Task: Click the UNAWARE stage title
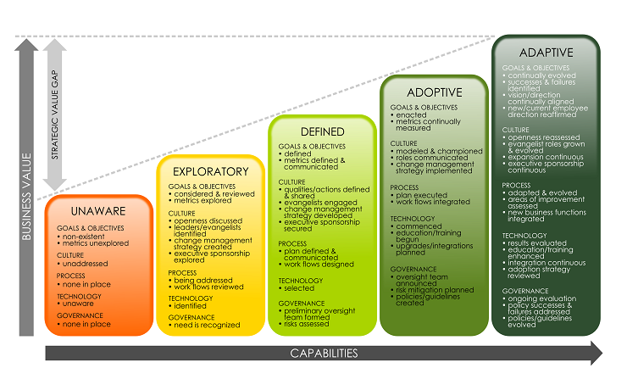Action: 98,211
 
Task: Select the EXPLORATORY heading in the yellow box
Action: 211,171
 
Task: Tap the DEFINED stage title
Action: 322,131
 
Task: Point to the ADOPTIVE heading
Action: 435,92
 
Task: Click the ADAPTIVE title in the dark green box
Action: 547,53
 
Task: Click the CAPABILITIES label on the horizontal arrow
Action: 324,354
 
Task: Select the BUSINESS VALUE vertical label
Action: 26,197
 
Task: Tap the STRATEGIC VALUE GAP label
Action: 55,114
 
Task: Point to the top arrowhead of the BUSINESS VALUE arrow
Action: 26,45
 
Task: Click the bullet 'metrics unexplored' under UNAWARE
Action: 92,243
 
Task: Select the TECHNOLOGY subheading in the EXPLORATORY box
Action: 191,298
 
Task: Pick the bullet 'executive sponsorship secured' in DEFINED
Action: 319,226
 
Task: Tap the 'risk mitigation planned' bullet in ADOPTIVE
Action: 432,290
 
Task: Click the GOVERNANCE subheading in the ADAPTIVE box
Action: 525,291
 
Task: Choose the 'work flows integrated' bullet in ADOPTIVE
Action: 430,202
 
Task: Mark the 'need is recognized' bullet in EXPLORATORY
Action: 204,325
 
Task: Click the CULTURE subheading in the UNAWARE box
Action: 70,255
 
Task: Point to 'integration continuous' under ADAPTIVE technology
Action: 544,263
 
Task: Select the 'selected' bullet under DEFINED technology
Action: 297,288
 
